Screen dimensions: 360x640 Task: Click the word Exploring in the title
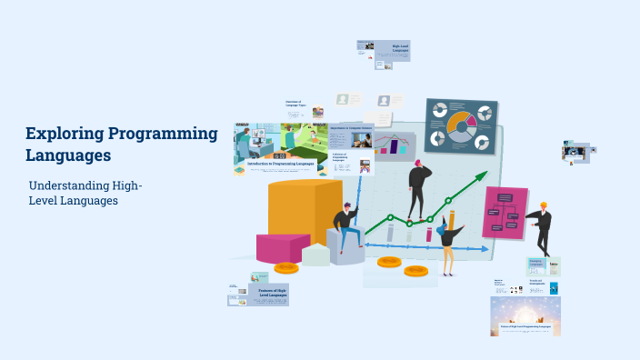pos(64,135)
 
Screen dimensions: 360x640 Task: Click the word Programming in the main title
pos(163,135)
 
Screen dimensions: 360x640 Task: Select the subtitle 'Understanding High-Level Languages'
pos(85,193)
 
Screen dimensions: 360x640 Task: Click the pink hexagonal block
pos(282,247)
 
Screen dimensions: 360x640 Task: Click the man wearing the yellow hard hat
pos(542,227)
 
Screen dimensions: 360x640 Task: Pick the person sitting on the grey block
pos(345,226)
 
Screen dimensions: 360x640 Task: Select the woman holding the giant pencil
pos(447,239)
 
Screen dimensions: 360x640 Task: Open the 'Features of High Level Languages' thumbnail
pos(272,293)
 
